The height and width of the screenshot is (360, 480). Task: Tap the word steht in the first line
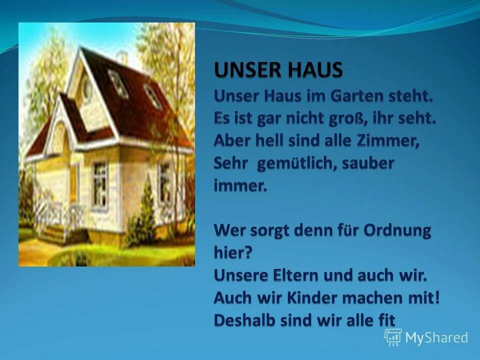coord(410,96)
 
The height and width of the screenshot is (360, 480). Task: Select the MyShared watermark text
coord(436,337)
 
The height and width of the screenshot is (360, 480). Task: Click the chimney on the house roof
coord(121,56)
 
